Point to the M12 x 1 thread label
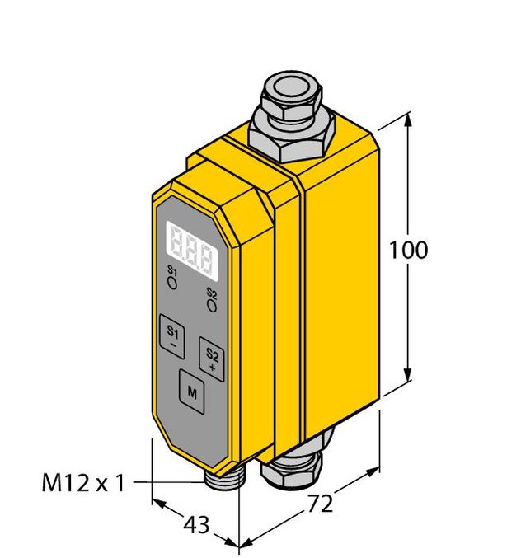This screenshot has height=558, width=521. (x=82, y=483)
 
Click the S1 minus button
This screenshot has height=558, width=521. (x=172, y=336)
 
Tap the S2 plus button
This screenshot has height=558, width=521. (x=212, y=358)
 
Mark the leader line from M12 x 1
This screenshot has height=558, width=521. (x=169, y=481)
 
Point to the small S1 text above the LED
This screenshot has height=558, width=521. (x=172, y=271)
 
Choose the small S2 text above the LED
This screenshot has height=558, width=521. (x=212, y=293)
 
